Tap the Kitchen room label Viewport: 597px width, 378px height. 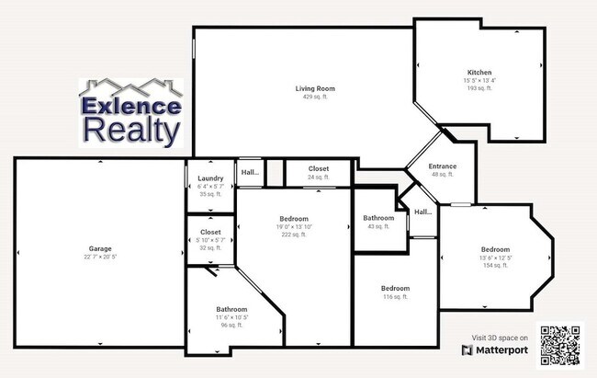[479, 72]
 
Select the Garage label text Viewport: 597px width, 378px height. [100, 248]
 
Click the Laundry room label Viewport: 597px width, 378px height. [210, 178]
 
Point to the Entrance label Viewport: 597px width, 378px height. [443, 166]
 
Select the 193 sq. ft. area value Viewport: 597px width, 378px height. [479, 87]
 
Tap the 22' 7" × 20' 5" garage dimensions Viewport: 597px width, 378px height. [100, 257]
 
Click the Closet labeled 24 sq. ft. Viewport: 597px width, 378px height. [319, 169]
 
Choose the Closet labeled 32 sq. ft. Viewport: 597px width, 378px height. [210, 232]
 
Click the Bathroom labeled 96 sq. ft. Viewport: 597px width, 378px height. [231, 309]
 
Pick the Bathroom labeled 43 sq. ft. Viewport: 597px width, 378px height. [378, 218]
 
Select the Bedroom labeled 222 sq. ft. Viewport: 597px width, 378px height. [293, 218]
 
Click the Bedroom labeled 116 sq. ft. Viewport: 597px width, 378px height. [395, 289]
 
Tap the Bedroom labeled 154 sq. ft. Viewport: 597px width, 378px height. [495, 249]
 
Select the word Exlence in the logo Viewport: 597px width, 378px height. [131, 105]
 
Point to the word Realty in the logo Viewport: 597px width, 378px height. [131, 130]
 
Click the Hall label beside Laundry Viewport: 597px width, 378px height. [250, 172]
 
